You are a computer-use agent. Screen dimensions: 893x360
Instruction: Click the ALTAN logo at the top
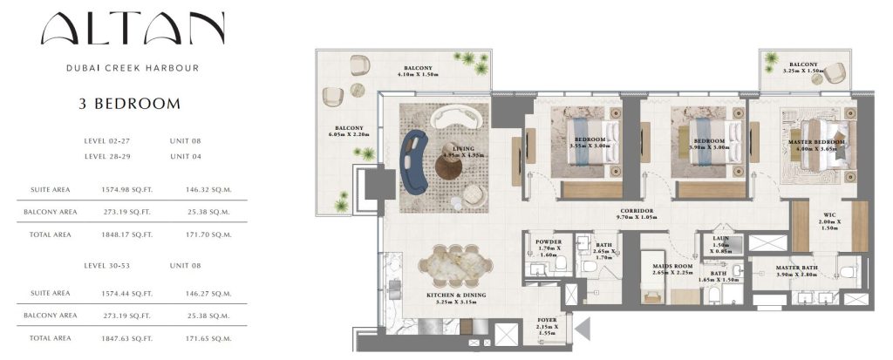click(x=133, y=28)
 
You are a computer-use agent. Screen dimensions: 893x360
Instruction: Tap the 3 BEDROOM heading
click(x=129, y=104)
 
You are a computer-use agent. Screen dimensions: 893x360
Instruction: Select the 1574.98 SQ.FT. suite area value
click(x=127, y=189)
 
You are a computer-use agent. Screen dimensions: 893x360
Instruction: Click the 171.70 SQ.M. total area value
click(x=208, y=234)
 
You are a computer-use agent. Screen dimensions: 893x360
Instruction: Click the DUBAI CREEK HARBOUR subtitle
click(x=133, y=68)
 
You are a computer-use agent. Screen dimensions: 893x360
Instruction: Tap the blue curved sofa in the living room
click(x=413, y=162)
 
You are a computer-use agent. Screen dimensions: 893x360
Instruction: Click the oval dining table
click(x=455, y=266)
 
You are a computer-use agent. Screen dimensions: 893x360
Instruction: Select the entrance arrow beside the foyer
click(x=583, y=329)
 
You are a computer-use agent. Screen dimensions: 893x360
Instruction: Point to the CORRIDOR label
click(x=637, y=211)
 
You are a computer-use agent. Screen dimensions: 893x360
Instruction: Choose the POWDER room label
click(x=549, y=242)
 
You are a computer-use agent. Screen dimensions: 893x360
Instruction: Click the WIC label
click(x=821, y=214)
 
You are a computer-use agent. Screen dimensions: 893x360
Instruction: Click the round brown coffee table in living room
click(x=449, y=167)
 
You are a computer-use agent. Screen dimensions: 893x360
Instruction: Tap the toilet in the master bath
click(x=848, y=271)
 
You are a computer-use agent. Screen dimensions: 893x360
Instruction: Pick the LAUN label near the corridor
click(x=719, y=239)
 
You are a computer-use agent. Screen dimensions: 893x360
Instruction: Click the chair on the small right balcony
click(x=835, y=73)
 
